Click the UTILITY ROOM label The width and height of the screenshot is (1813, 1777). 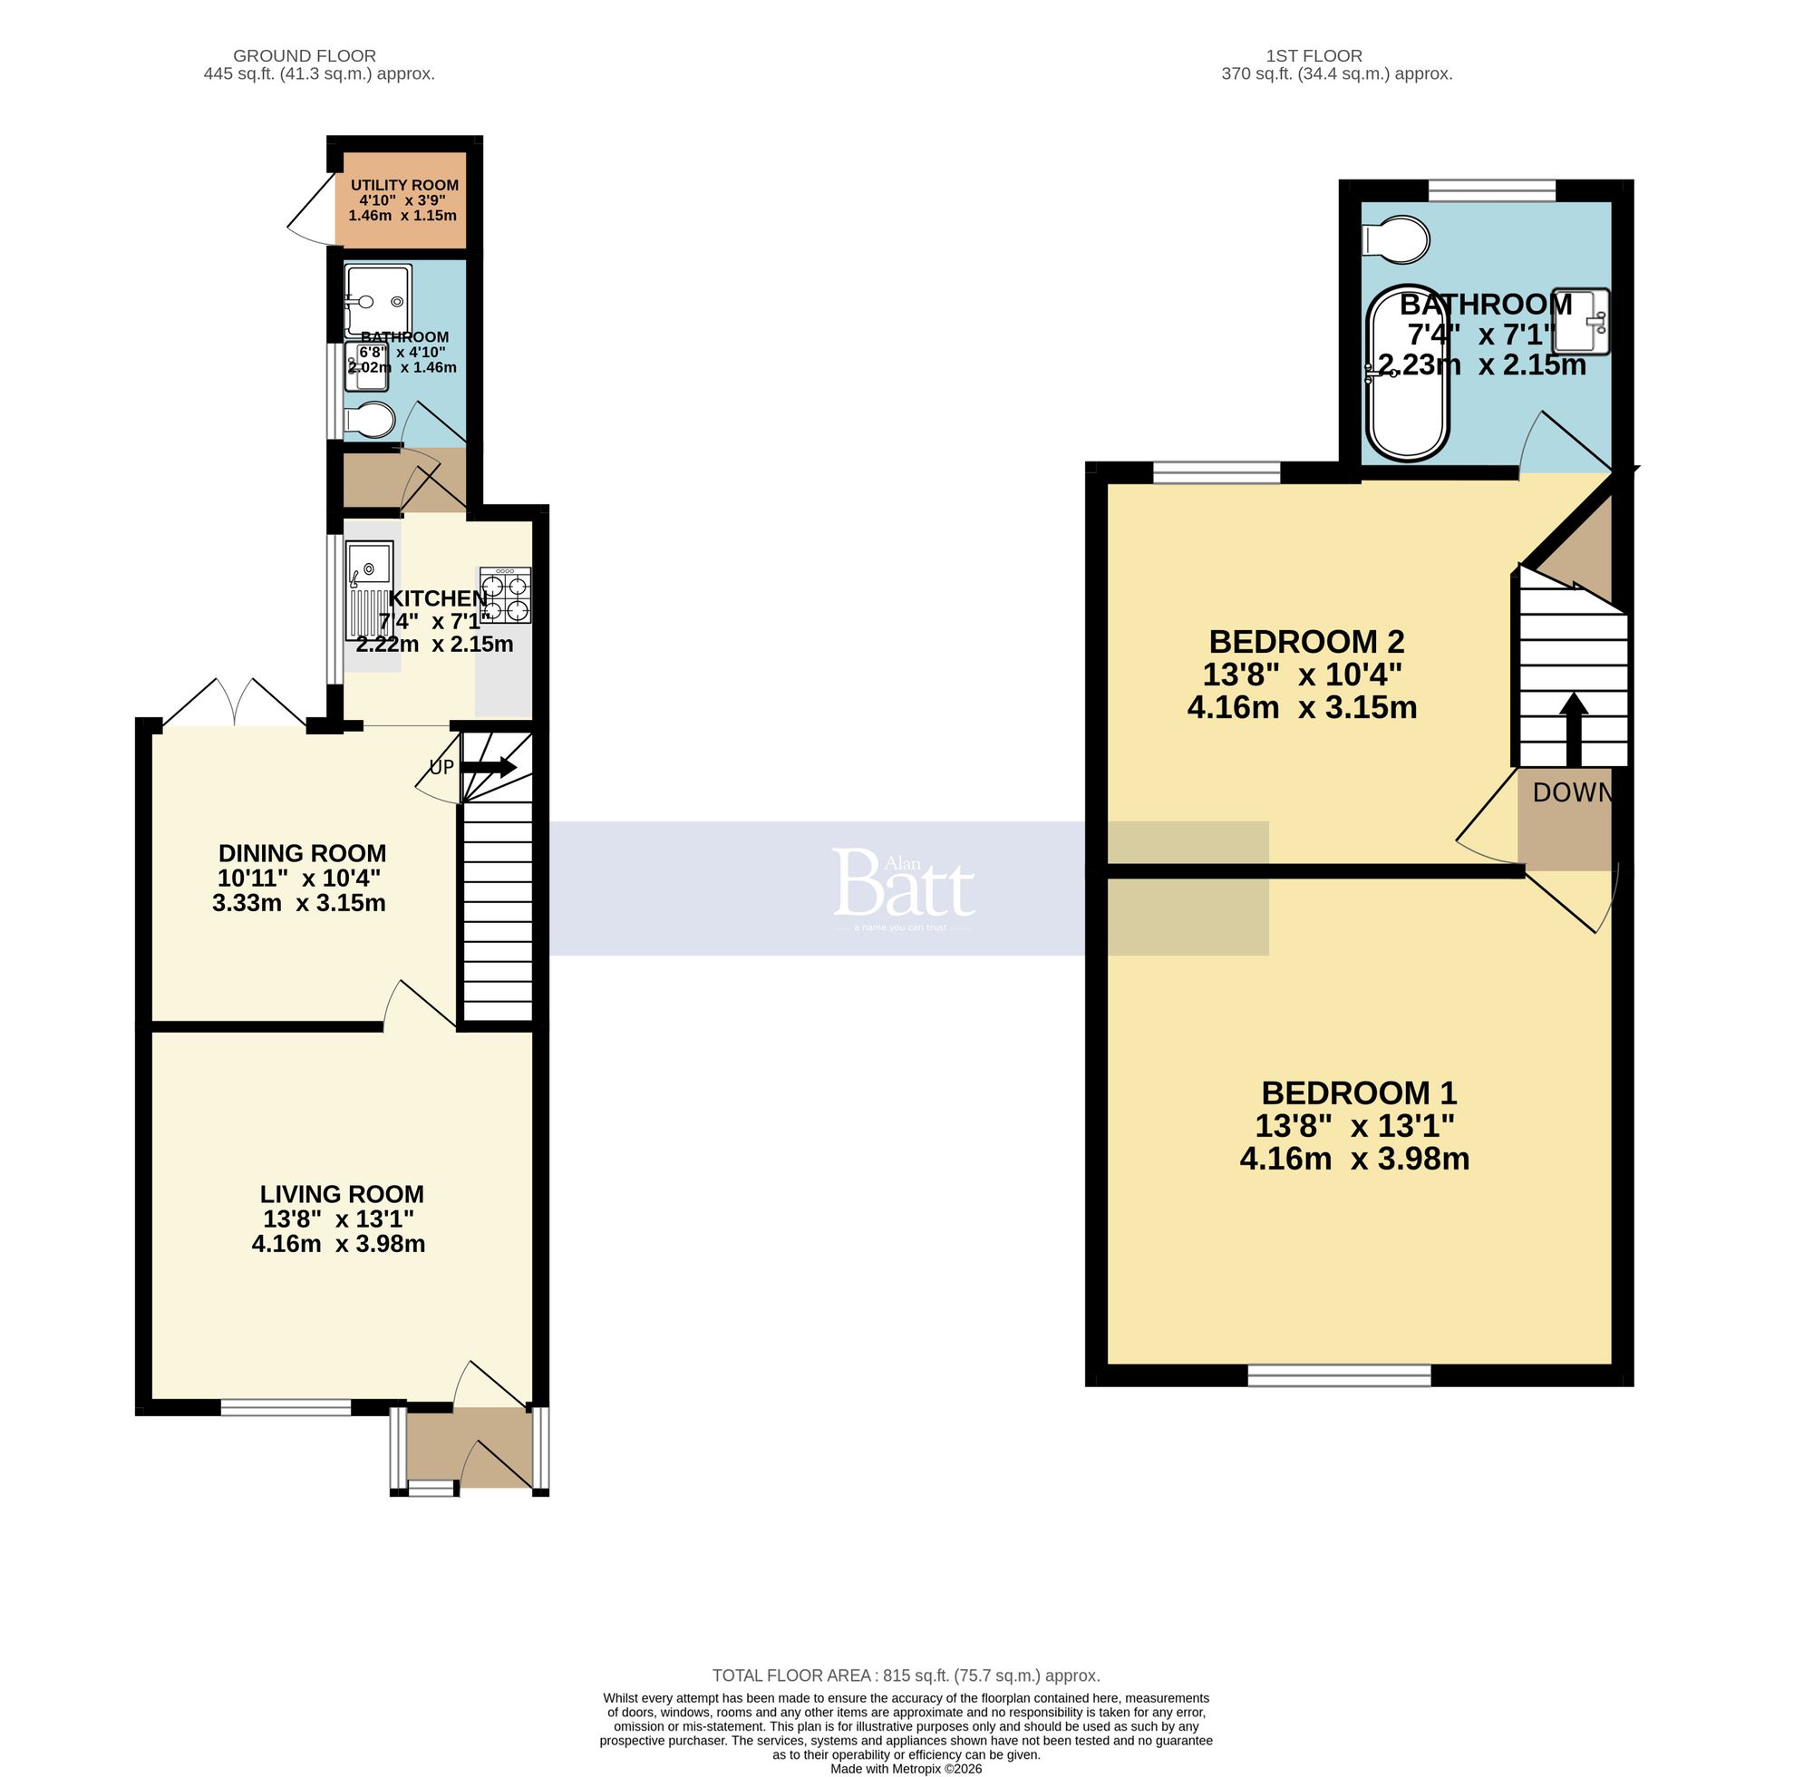point(404,186)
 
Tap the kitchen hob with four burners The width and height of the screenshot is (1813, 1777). point(505,596)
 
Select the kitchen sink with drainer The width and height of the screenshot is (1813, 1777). point(370,588)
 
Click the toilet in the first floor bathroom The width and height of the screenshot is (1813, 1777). point(1396,239)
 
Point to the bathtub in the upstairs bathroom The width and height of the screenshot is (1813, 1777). point(1408,374)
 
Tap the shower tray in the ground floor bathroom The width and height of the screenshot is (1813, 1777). point(377,300)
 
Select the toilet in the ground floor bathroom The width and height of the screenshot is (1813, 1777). point(371,420)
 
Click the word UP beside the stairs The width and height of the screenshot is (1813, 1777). point(441,767)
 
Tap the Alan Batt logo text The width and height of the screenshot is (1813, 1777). point(903,883)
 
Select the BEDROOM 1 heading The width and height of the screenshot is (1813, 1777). point(1359,1092)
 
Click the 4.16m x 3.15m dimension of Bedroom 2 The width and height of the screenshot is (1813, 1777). point(1302,707)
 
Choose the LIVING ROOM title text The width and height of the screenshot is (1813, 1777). point(342,1194)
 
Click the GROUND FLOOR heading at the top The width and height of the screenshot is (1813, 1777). point(305,56)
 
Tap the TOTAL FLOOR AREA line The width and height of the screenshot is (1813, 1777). point(905,1675)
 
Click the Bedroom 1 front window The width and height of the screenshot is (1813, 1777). point(1339,1374)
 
